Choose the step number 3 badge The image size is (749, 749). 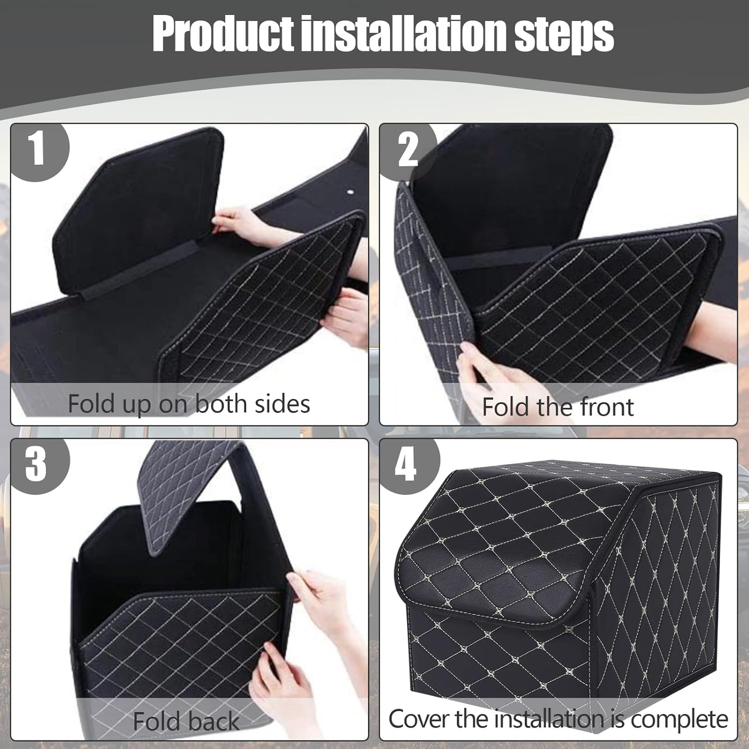[36, 464]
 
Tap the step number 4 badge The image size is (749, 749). [405, 464]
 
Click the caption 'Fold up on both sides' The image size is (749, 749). [189, 403]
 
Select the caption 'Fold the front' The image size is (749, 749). [557, 406]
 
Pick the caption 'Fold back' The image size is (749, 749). [186, 721]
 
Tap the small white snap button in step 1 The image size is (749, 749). [349, 192]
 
